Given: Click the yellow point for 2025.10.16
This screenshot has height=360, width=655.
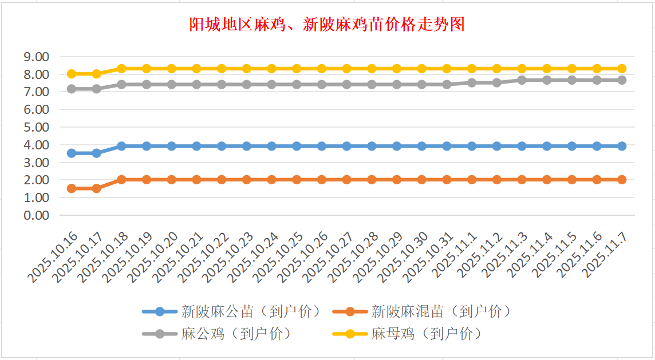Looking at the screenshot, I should click(72, 74).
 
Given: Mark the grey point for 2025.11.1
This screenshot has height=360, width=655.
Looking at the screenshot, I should click(472, 82).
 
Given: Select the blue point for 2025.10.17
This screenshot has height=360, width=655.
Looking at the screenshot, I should click(97, 153).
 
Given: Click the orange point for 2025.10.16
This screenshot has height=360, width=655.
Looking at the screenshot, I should click(72, 188).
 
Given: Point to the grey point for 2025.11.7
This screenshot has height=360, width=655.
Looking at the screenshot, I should click(622, 80).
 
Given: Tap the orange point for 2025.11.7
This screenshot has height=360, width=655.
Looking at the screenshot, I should click(622, 180).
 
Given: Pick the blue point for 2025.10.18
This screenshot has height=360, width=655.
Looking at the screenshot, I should click(121, 146).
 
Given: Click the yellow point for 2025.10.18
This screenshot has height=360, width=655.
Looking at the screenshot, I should click(121, 69).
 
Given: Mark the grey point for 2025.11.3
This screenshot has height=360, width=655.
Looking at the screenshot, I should click(522, 80).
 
